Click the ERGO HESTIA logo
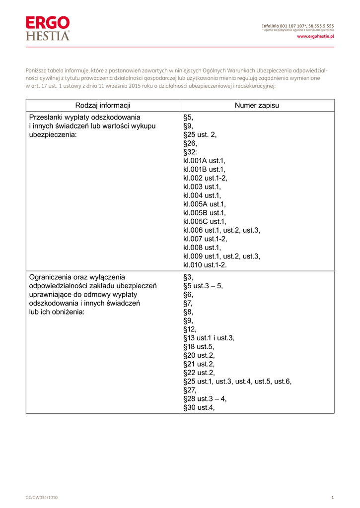tap(48, 28)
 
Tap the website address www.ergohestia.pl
tap(315, 36)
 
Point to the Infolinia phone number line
tap(298, 25)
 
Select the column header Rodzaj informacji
tap(103, 105)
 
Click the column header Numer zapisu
tap(257, 105)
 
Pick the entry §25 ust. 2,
tap(200, 134)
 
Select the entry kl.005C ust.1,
tap(205, 221)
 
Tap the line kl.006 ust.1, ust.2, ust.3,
tap(221, 230)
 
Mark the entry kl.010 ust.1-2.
tap(205, 265)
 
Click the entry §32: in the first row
tap(190, 152)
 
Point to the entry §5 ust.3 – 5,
tap(203, 286)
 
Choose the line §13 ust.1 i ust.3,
tap(209, 338)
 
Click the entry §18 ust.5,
tap(199, 347)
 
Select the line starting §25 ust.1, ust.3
tap(237, 381)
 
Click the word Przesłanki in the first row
tap(47, 117)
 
